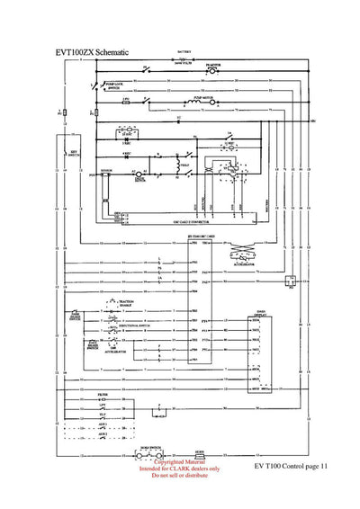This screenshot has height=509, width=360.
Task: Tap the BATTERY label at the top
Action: coord(184,54)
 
